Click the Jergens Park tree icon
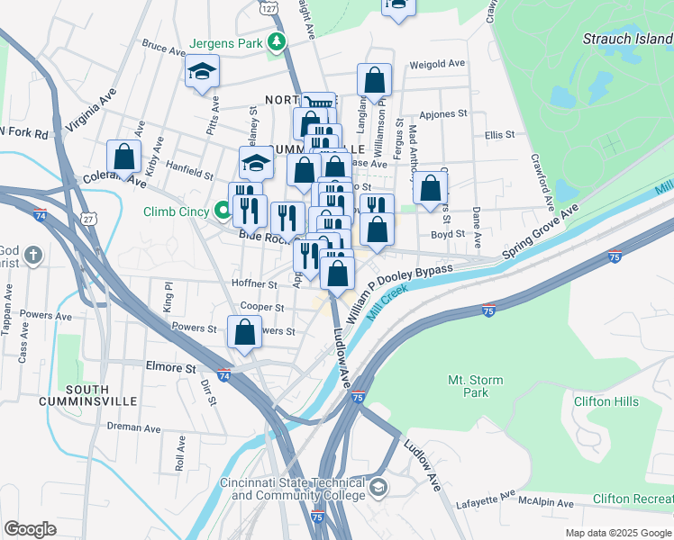click(278, 42)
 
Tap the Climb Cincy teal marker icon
click(224, 212)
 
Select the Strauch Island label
click(627, 39)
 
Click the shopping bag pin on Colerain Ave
click(124, 157)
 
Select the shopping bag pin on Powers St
click(244, 332)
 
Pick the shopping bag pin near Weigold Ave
click(374, 81)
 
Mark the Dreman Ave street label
click(132, 426)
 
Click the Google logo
click(30, 529)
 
